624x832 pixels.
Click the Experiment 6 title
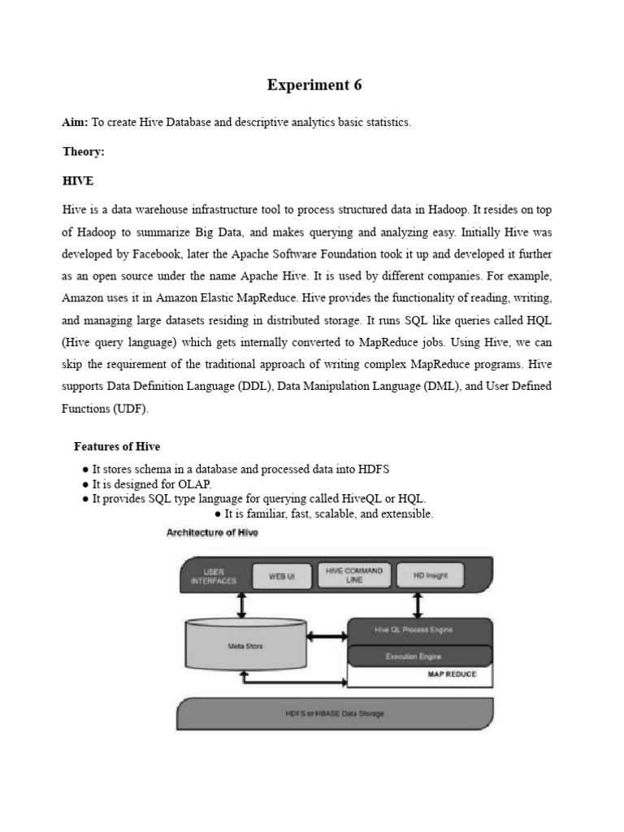[x=314, y=84]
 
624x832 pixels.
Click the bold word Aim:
[x=76, y=122]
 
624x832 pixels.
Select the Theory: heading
[x=84, y=152]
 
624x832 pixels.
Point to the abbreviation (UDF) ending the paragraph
[x=131, y=409]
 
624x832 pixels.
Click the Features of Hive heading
[x=117, y=446]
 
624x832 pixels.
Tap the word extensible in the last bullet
[x=405, y=514]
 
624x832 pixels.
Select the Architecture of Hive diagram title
[x=212, y=533]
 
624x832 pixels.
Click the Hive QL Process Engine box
[x=419, y=630]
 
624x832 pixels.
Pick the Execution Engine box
[x=419, y=654]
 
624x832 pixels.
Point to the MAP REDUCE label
[x=452, y=674]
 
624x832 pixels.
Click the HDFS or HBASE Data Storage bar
[x=335, y=713]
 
